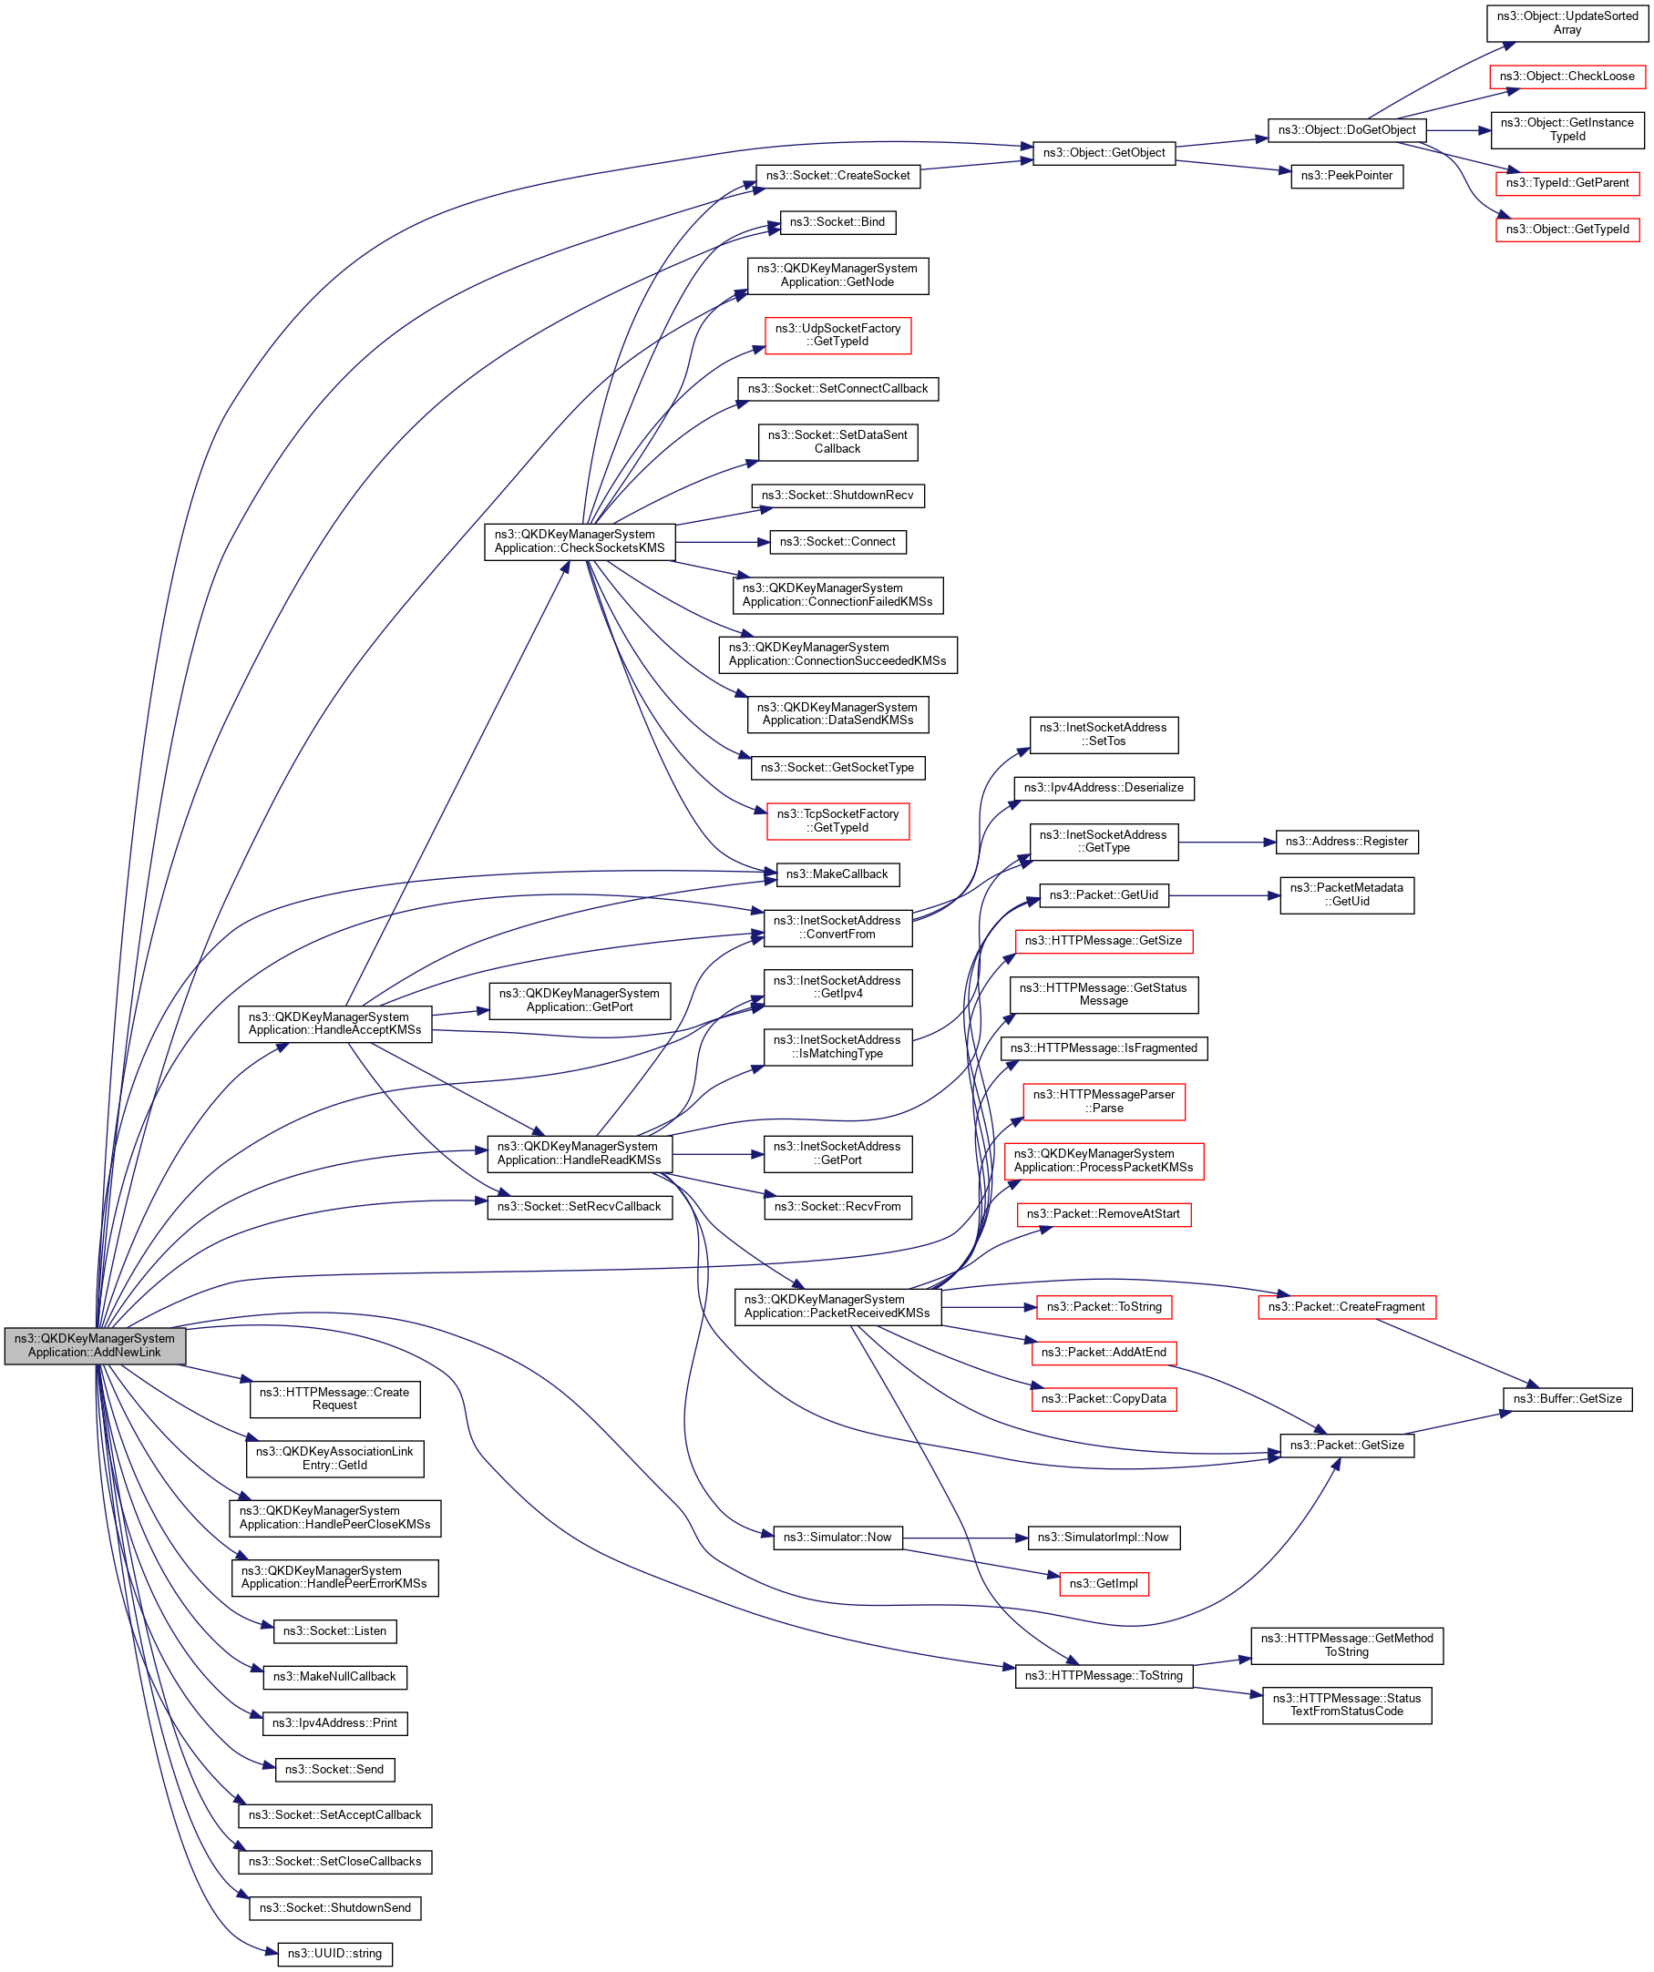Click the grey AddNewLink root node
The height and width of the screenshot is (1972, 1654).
coord(95,1345)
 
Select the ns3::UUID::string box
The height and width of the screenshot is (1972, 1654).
coord(334,1953)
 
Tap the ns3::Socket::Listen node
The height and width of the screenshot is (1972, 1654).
coord(334,1631)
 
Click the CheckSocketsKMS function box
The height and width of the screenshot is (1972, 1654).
coord(580,542)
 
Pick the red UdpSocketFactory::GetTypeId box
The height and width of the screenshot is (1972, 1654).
coord(837,335)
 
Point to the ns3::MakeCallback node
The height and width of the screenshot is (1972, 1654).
coord(837,874)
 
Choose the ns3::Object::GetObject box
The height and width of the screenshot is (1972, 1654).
coord(1104,153)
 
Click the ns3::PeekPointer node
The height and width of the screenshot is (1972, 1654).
coord(1347,176)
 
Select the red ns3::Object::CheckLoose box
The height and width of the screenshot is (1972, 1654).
coord(1567,77)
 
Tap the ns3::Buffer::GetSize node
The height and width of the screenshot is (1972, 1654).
coord(1567,1399)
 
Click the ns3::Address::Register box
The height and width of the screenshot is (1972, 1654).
coord(1347,842)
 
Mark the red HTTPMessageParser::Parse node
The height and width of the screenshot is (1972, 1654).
coord(1104,1101)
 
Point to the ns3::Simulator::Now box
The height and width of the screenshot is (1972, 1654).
coord(837,1538)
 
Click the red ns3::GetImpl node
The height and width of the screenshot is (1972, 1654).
coord(1104,1584)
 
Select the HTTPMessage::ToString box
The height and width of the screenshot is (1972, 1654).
coord(1104,1676)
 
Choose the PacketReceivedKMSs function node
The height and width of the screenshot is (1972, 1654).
coord(837,1306)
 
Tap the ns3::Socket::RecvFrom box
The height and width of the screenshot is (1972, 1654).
coord(837,1207)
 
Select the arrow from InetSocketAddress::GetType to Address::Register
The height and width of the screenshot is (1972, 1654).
coord(1227,843)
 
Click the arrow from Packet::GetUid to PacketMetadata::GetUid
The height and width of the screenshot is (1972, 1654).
coord(1225,896)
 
